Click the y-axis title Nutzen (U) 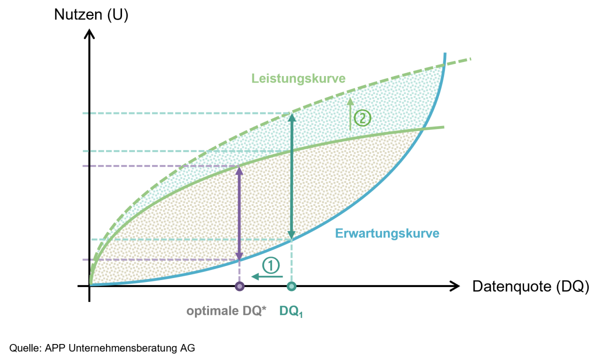[91, 14]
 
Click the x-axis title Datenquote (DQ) [530, 286]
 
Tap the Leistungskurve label [298, 79]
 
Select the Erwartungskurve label [387, 233]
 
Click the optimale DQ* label [226, 311]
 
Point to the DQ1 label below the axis [291, 311]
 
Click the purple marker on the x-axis [239, 286]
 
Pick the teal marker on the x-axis [291, 286]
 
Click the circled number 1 [271, 265]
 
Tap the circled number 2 [362, 118]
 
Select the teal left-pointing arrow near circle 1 [267, 276]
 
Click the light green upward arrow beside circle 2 [350, 114]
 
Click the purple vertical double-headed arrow [239, 213]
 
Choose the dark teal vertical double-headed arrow [291, 176]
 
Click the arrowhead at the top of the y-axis [89, 34]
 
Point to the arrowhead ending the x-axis [454, 286]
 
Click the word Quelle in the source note [25, 348]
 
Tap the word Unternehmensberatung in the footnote [123, 348]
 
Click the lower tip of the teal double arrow [291, 238]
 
